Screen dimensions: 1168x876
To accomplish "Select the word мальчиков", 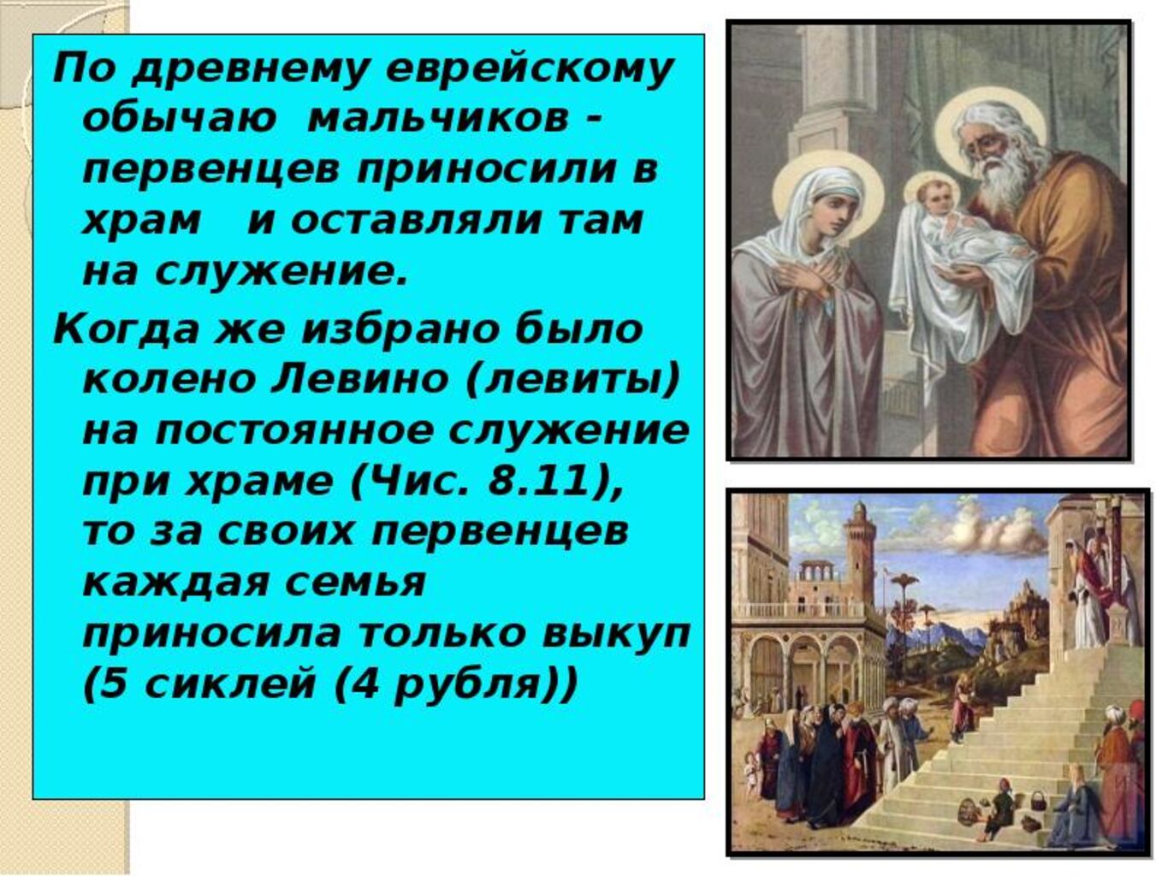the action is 438,121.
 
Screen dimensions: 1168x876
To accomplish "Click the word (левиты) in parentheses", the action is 572,381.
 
